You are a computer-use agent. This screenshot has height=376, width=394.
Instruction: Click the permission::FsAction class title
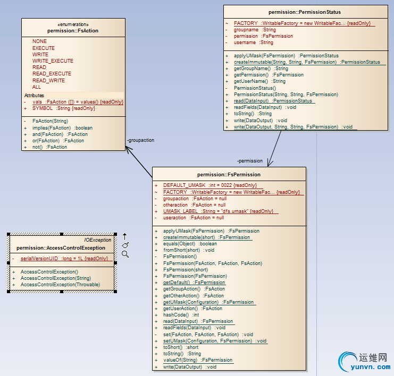coord(73,31)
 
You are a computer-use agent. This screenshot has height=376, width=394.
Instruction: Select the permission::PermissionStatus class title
coord(305,12)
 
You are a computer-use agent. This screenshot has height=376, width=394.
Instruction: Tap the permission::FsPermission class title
coord(229,174)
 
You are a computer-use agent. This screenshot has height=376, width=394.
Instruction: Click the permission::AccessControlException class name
coord(61,247)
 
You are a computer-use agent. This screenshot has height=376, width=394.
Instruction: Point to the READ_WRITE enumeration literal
coord(48,81)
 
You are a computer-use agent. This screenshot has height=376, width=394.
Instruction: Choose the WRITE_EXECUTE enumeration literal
coord(53,61)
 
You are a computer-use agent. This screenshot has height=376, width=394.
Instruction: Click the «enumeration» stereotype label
coord(73,24)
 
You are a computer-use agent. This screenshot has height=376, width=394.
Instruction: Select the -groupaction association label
coord(140,140)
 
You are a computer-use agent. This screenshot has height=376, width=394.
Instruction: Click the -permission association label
coord(249,160)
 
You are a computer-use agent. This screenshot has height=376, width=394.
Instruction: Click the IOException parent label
coord(98,240)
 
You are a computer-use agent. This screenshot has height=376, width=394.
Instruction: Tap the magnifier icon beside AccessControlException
coord(125,254)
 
